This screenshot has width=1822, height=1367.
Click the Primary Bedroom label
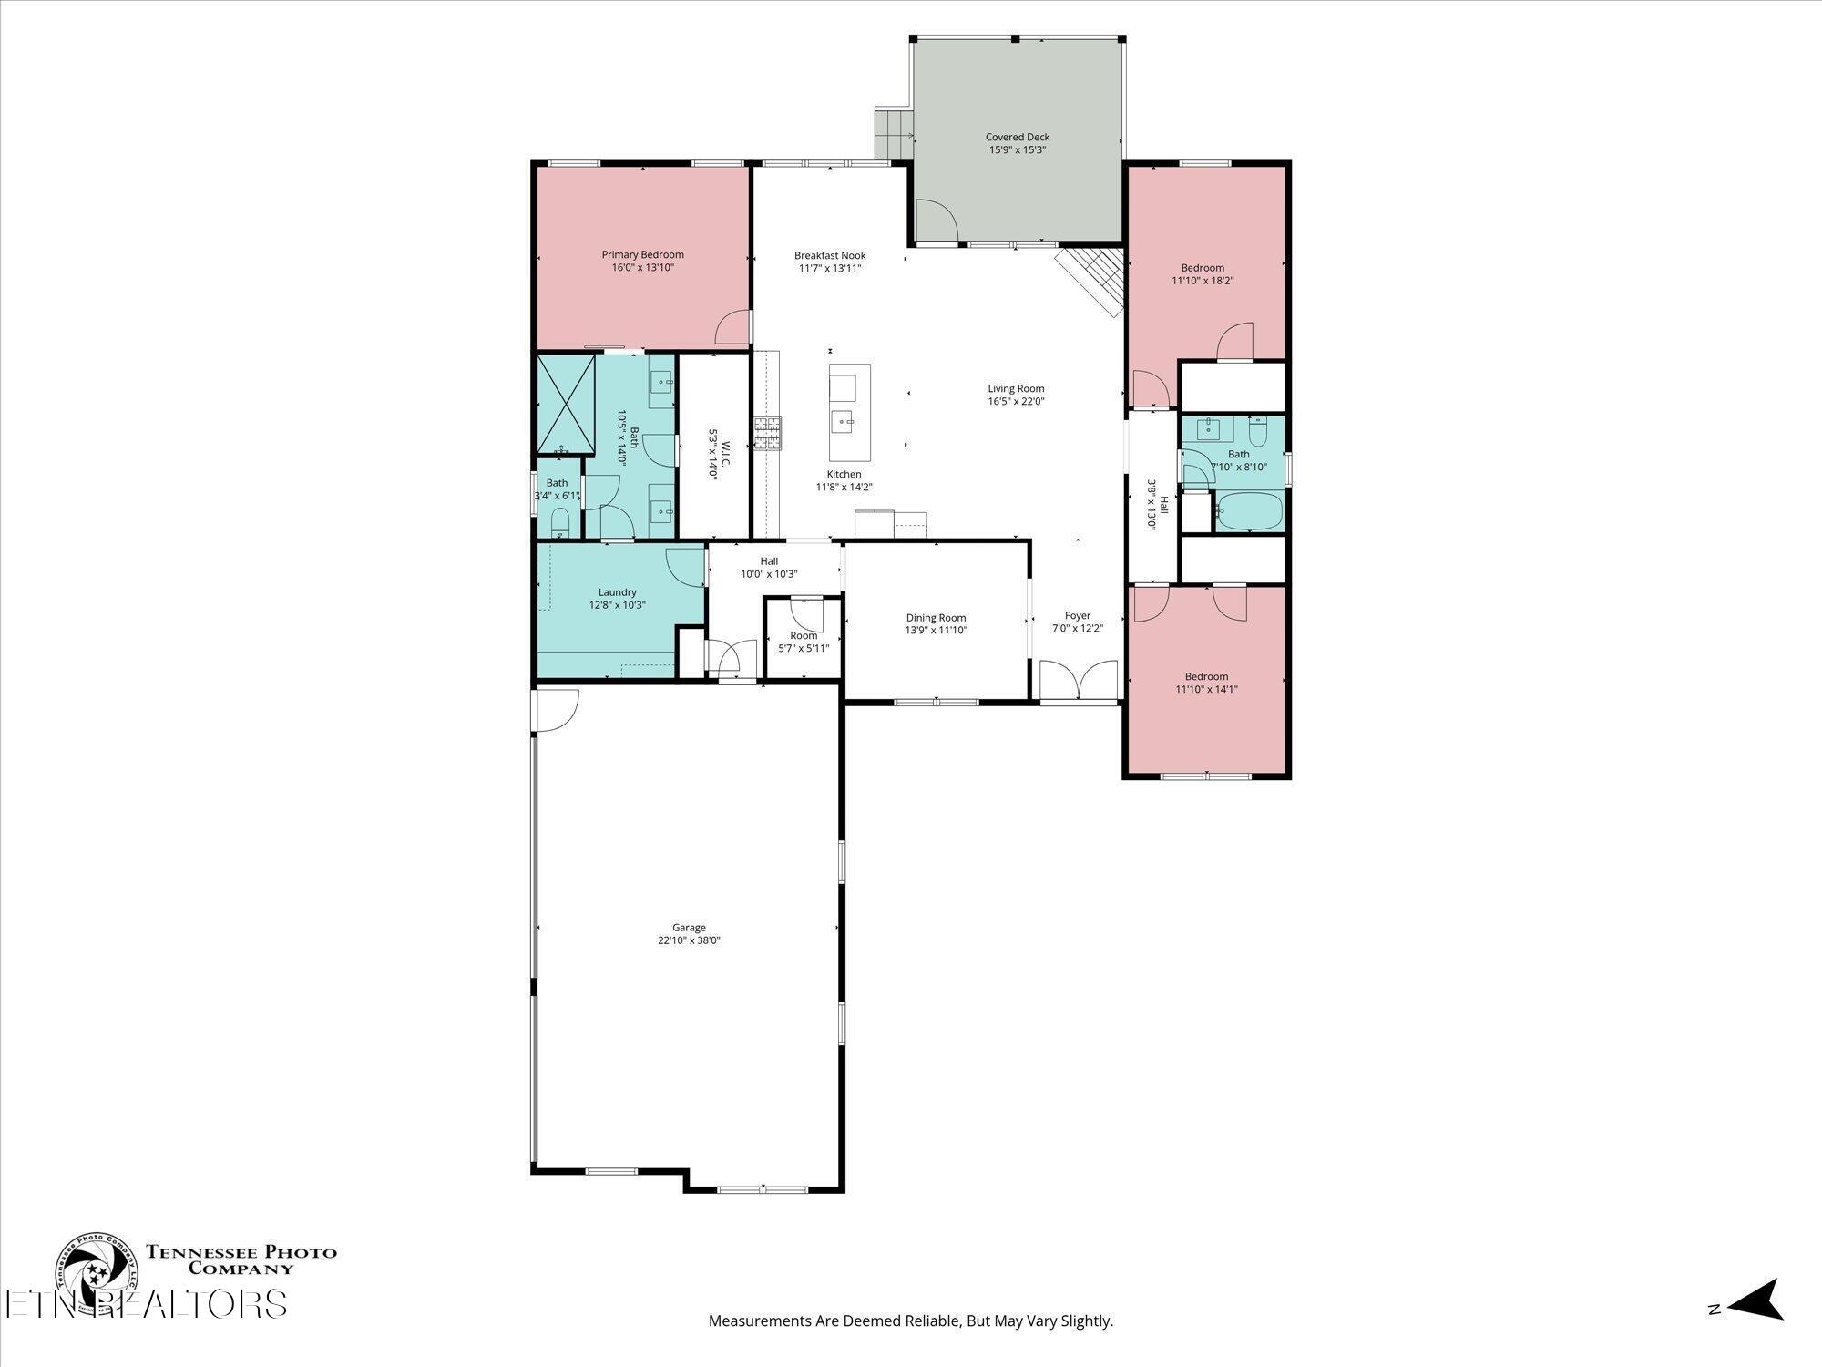(642, 254)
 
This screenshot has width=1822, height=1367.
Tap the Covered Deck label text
(1018, 137)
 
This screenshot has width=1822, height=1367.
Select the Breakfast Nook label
(830, 255)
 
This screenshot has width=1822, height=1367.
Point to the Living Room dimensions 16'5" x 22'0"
(1016, 401)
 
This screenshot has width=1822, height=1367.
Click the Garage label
(689, 928)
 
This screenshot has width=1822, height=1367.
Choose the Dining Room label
(936, 618)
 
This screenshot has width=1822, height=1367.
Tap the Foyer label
(1078, 616)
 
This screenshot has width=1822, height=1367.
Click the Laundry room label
(618, 592)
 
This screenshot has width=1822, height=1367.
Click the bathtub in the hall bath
(1249, 511)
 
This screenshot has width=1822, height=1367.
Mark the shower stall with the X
(566, 404)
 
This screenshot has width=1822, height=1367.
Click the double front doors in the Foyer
(1079, 681)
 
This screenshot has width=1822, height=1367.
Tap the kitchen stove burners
(767, 433)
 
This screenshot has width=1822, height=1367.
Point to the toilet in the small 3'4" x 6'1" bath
(560, 522)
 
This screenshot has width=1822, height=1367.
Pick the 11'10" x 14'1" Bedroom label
(1206, 683)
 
